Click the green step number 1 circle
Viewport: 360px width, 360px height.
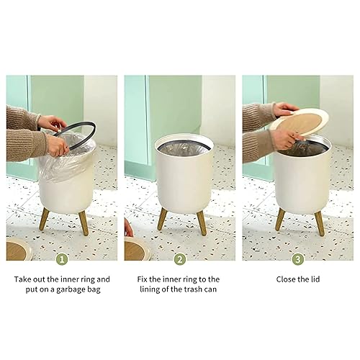point(62,258)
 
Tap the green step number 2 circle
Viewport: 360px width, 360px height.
point(179,258)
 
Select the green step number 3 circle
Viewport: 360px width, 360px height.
point(297,258)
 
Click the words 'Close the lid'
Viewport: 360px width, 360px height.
point(297,279)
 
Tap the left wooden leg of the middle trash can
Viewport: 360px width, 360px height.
point(163,219)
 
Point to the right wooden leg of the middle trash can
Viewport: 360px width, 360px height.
point(202,222)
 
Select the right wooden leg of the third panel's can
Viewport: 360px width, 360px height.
point(319,222)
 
